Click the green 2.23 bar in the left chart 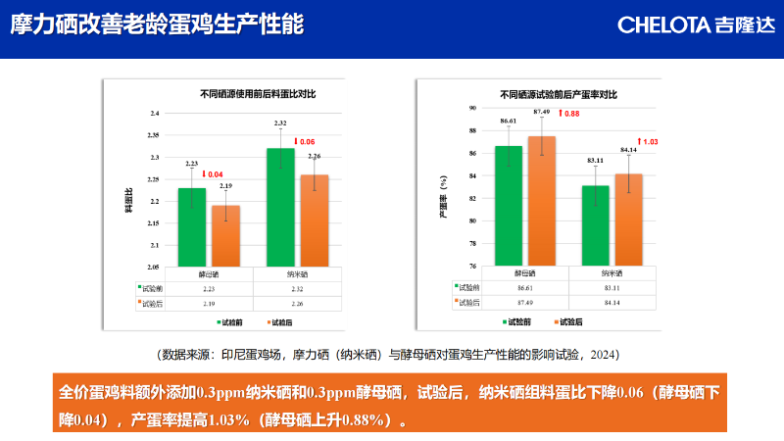coord(192,227)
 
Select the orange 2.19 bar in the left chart coord(225,236)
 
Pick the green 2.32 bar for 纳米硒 coord(280,208)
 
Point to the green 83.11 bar coord(596,225)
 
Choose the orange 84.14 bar coord(628,220)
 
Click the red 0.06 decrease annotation coord(305,142)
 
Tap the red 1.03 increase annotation coord(648,142)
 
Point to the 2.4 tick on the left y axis coord(154,114)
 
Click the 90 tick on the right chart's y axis coord(472,108)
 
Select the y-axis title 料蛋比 coord(128,200)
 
